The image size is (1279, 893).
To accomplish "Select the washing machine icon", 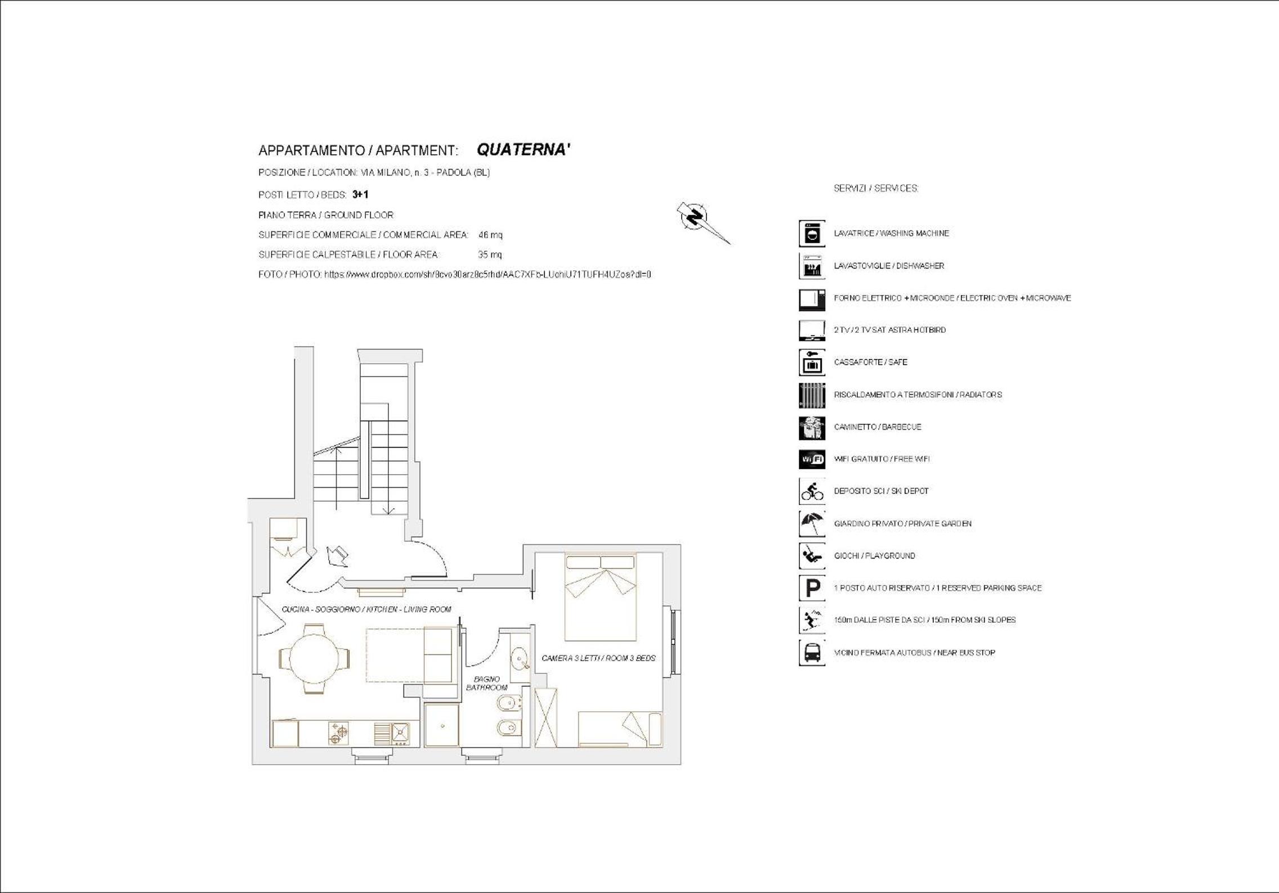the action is pyautogui.click(x=812, y=234).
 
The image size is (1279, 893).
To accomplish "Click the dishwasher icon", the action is pyautogui.click(x=812, y=266).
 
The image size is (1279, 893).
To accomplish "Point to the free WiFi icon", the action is pyautogui.click(x=812, y=459).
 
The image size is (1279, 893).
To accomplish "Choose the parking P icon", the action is pyautogui.click(x=812, y=588).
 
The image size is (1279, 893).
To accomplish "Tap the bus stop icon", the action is pyautogui.click(x=812, y=653).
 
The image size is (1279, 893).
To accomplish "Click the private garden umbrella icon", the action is pyautogui.click(x=812, y=524).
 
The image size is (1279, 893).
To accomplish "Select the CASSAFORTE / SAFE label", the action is pyautogui.click(x=870, y=362).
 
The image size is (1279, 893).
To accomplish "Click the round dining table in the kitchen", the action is pyautogui.click(x=315, y=658).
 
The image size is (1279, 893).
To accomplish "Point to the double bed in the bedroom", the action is pyautogui.click(x=601, y=597).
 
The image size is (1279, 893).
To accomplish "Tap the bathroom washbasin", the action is pyautogui.click(x=519, y=657).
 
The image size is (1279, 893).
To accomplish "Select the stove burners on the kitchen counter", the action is pyautogui.click(x=338, y=733).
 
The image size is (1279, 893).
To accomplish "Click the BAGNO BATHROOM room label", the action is pyautogui.click(x=486, y=684).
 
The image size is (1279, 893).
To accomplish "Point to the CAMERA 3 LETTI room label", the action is pyautogui.click(x=598, y=658).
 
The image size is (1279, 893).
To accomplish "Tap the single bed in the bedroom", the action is pyautogui.click(x=620, y=729).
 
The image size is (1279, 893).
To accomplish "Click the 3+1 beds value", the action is pyautogui.click(x=360, y=195).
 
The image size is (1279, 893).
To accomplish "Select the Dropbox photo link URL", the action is pyautogui.click(x=488, y=275).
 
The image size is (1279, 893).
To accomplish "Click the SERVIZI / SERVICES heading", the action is pyautogui.click(x=876, y=189).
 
